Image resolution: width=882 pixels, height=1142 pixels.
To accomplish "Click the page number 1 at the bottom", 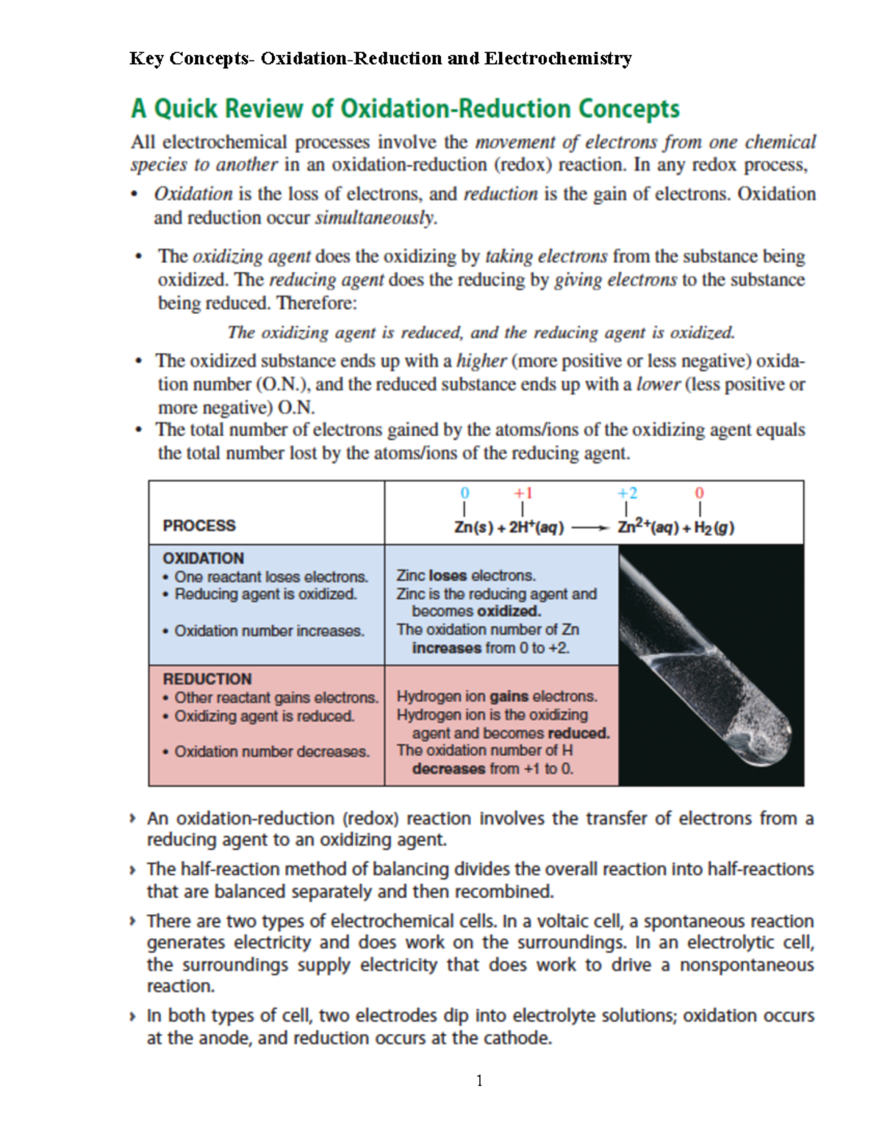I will pyautogui.click(x=479, y=1080).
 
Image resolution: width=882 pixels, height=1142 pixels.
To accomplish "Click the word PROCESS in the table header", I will pyautogui.click(x=199, y=526).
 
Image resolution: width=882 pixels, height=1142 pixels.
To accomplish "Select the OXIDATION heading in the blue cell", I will pyautogui.click(x=203, y=558).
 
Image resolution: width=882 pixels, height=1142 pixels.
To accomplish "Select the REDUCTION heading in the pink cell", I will pyautogui.click(x=207, y=679).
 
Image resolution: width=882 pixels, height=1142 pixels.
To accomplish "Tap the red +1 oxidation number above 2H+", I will pyautogui.click(x=523, y=493).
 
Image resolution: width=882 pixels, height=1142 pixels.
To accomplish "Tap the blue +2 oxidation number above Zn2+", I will pyautogui.click(x=627, y=493).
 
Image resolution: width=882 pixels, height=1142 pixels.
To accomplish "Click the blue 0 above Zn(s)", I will pyautogui.click(x=464, y=493).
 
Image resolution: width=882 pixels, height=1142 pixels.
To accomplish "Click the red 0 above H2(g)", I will pyautogui.click(x=699, y=493).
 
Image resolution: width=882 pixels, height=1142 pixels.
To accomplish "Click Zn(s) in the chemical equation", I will pyautogui.click(x=473, y=527).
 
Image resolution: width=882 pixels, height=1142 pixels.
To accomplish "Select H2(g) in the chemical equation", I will pyautogui.click(x=714, y=528).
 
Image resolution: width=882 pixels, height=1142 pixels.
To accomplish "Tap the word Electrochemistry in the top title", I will pyautogui.click(x=558, y=58).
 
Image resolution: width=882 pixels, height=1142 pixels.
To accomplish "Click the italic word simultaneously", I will pyautogui.click(x=376, y=218).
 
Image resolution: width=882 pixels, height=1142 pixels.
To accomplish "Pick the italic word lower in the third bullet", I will pyautogui.click(x=658, y=384).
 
